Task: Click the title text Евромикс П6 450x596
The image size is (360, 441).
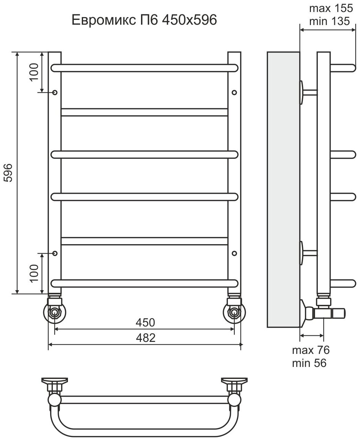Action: tap(144, 21)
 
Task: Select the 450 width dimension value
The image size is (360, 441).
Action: tap(145, 323)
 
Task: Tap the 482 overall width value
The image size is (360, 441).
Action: tap(145, 338)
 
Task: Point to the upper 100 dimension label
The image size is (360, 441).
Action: tap(34, 72)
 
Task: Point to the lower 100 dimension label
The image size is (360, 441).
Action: tap(34, 273)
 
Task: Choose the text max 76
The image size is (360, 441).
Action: tap(311, 350)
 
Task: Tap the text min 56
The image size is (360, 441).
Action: tap(309, 363)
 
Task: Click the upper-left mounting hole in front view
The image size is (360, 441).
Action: tap(55, 92)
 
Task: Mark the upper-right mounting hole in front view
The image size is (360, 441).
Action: tap(234, 92)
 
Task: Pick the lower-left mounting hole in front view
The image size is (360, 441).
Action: tap(55, 253)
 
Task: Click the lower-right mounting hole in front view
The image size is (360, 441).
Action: tap(234, 253)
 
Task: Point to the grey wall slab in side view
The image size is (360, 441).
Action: tap(283, 189)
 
